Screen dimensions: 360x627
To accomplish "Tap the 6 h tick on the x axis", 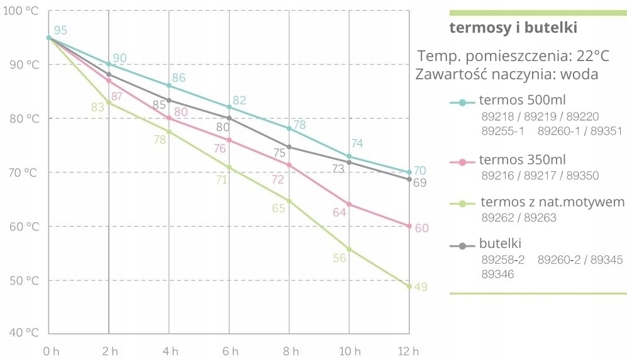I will tap(229, 351).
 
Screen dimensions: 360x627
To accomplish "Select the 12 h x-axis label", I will tap(409, 351).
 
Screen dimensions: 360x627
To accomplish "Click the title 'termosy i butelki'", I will tap(513, 28).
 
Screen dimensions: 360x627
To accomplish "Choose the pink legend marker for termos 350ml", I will tap(462, 162).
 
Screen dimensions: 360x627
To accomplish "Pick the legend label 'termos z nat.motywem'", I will tap(552, 203).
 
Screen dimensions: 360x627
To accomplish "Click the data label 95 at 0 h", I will tap(60, 31).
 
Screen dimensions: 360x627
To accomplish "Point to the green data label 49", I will tap(421, 287).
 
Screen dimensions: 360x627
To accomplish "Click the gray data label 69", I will tap(420, 183).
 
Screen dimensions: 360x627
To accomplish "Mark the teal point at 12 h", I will tap(409, 172).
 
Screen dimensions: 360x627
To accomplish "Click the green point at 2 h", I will tap(109, 103).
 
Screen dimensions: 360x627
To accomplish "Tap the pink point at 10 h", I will tap(349, 204).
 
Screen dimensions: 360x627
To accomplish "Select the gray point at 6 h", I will tap(229, 118).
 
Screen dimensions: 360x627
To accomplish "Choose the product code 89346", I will tap(498, 274).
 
